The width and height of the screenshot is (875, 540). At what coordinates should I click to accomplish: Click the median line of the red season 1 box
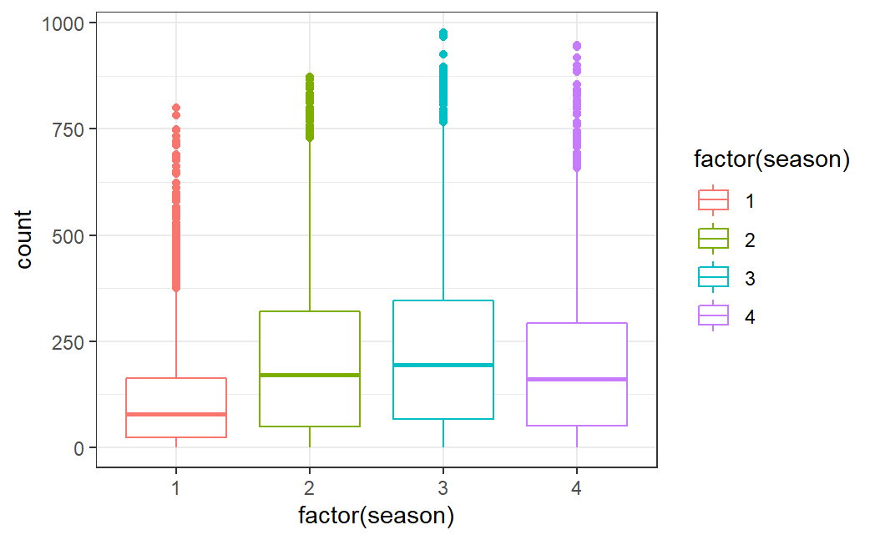pyautogui.click(x=176, y=414)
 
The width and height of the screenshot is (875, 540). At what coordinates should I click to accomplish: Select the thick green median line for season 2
pyautogui.click(x=310, y=376)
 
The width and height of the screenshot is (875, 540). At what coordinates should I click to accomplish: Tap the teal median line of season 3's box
pyautogui.click(x=443, y=366)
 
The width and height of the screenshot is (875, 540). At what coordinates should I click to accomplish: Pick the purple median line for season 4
pyautogui.click(x=577, y=380)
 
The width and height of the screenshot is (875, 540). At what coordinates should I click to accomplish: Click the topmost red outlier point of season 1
pyautogui.click(x=176, y=108)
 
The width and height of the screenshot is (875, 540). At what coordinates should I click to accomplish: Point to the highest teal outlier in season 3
pyautogui.click(x=443, y=33)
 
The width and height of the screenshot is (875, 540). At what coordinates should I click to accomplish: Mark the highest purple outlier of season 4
pyautogui.click(x=577, y=46)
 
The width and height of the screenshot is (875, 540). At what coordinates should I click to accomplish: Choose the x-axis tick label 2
pyautogui.click(x=310, y=486)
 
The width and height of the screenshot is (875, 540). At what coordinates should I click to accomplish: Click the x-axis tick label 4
pyautogui.click(x=577, y=486)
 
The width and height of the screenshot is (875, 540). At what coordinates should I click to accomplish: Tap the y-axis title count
pyautogui.click(x=24, y=239)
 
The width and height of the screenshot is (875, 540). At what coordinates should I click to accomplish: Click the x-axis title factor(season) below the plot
pyautogui.click(x=377, y=516)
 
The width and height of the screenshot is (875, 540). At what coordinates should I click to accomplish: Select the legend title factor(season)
pyautogui.click(x=771, y=160)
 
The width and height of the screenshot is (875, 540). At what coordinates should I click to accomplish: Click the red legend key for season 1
pyautogui.click(x=713, y=200)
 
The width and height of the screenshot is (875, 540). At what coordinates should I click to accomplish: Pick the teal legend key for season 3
pyautogui.click(x=713, y=277)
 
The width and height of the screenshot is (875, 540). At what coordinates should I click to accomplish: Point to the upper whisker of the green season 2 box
pyautogui.click(x=310, y=225)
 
